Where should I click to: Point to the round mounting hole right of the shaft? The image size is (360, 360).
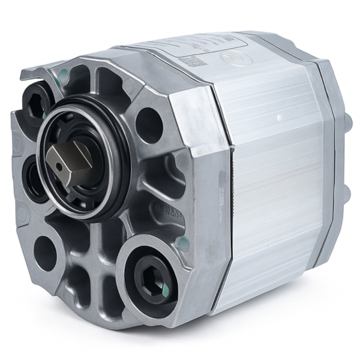tap(149, 124)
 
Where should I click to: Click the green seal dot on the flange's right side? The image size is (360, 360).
tap(184, 243)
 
